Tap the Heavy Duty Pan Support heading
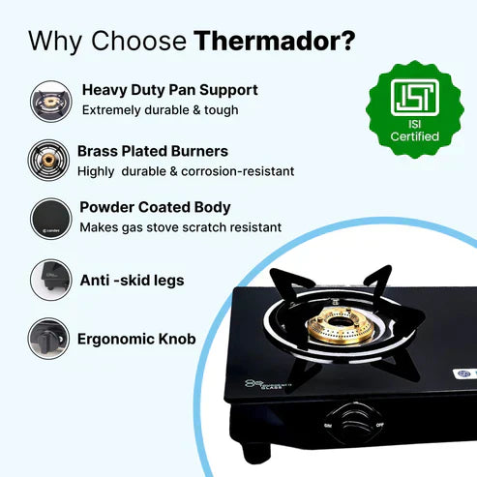coord(169,90)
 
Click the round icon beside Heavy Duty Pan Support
coord(48,100)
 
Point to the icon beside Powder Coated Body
coord(48,218)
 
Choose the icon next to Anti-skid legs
coord(48,280)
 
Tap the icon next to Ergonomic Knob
coord(48,339)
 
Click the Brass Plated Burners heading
coord(153,151)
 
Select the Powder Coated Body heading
coord(155,207)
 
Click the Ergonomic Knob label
coord(136,339)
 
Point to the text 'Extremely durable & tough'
coord(160,110)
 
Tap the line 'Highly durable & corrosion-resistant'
coord(186,171)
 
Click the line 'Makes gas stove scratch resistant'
coord(180,227)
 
